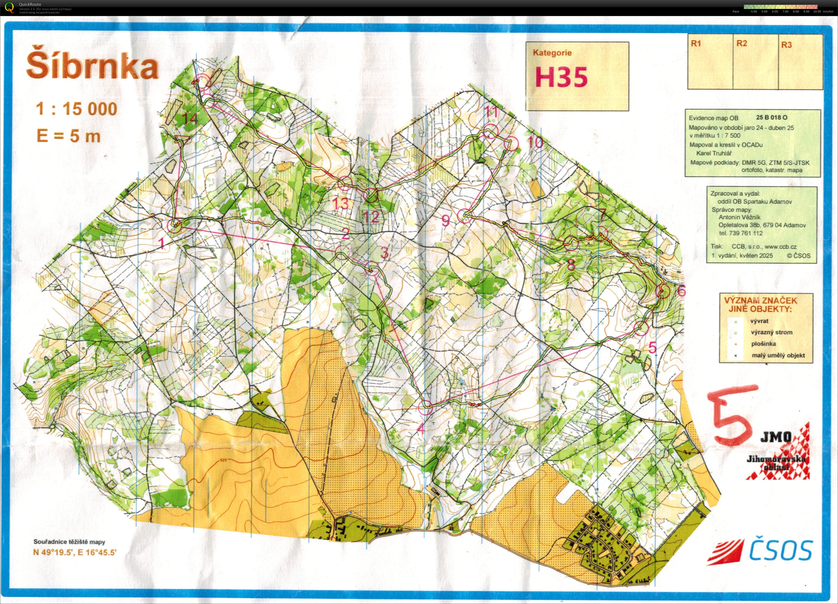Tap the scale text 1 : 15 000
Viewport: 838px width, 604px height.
click(x=76, y=109)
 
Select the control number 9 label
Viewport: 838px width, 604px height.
click(x=446, y=221)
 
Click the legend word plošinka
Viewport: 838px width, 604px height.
click(x=763, y=343)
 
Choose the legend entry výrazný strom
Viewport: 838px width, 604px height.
click(x=771, y=332)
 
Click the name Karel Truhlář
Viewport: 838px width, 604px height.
click(x=714, y=153)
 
